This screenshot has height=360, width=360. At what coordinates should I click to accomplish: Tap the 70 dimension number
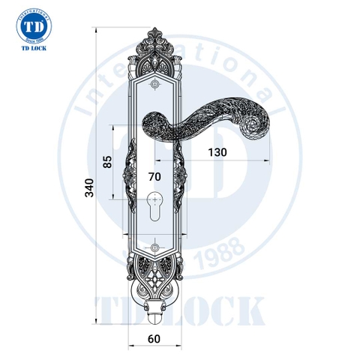(154, 177)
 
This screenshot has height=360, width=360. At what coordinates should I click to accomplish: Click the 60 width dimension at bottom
(154, 338)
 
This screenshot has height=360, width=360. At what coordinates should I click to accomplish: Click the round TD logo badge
(33, 28)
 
